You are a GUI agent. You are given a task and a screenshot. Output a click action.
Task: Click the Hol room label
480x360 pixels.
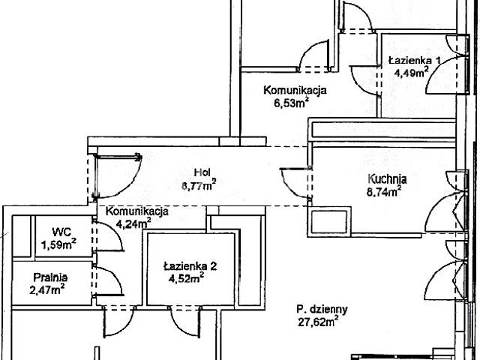pyautogui.click(x=202, y=172)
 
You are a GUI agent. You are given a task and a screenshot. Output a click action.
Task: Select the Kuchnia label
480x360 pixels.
pyautogui.click(x=387, y=178)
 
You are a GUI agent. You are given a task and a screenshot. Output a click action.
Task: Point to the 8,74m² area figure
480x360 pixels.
pyautogui.click(x=384, y=192)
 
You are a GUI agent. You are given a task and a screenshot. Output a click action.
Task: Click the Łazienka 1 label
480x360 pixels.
pyautogui.click(x=415, y=60)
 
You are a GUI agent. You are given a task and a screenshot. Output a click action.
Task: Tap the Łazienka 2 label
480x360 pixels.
pyautogui.click(x=190, y=266)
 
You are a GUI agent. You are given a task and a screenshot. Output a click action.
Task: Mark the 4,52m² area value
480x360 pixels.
pyautogui.click(x=187, y=278)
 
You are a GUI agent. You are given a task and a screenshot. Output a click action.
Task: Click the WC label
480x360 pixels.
pyautogui.click(x=61, y=232)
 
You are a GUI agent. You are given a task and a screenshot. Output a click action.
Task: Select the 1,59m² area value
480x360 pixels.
pyautogui.click(x=58, y=244)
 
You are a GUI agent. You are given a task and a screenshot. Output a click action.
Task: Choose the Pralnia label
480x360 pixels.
pyautogui.click(x=50, y=277)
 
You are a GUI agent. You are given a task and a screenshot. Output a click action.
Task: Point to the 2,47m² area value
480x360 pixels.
pyautogui.click(x=46, y=289)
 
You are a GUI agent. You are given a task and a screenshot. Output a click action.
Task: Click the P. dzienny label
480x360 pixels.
pyautogui.click(x=322, y=310)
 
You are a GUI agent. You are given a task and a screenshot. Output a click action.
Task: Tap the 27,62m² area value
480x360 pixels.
pyautogui.click(x=318, y=322)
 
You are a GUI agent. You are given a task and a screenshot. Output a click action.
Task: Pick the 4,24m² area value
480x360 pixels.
pyautogui.click(x=133, y=224)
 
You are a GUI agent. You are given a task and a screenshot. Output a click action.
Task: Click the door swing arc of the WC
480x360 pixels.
pyautogui.click(x=114, y=230)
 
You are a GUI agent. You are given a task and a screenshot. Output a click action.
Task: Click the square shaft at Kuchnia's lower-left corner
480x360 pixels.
pyautogui.click(x=329, y=221)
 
